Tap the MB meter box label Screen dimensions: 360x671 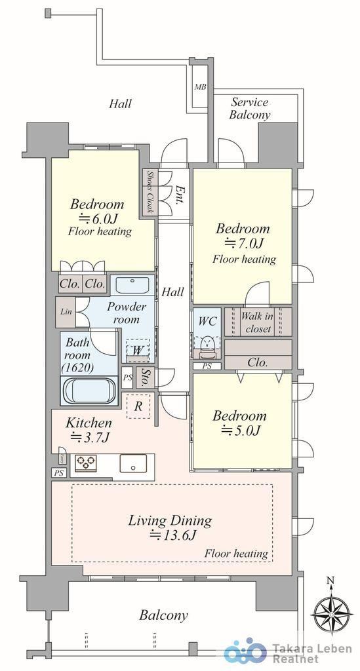click(201, 87)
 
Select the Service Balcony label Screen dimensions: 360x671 click(250, 108)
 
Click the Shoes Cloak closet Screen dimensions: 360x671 click(150, 192)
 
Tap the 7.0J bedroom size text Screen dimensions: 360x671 click(244, 242)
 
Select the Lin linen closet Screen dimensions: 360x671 click(66, 311)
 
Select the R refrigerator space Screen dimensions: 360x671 click(138, 406)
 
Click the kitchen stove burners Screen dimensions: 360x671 click(86, 463)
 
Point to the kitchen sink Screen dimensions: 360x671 click(133, 463)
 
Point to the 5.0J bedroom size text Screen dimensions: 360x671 click(241, 431)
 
